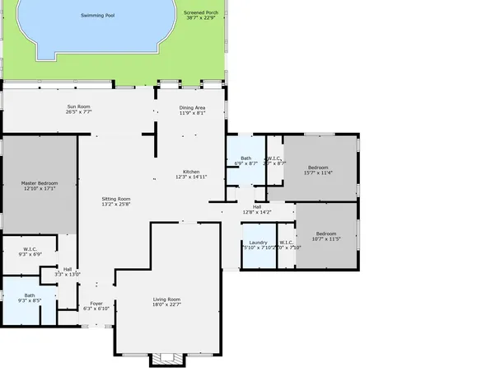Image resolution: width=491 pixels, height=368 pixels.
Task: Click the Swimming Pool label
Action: click(x=98, y=15)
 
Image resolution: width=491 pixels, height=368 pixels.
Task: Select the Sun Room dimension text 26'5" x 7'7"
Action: click(x=79, y=111)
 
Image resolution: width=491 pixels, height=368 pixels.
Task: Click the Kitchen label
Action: click(x=191, y=171)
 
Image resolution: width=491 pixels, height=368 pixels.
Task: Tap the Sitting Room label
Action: click(x=115, y=199)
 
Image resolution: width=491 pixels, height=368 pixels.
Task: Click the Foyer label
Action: click(x=96, y=303)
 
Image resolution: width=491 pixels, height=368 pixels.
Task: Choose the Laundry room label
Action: click(x=259, y=242)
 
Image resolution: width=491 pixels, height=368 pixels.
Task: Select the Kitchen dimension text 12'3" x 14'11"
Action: click(x=191, y=177)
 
